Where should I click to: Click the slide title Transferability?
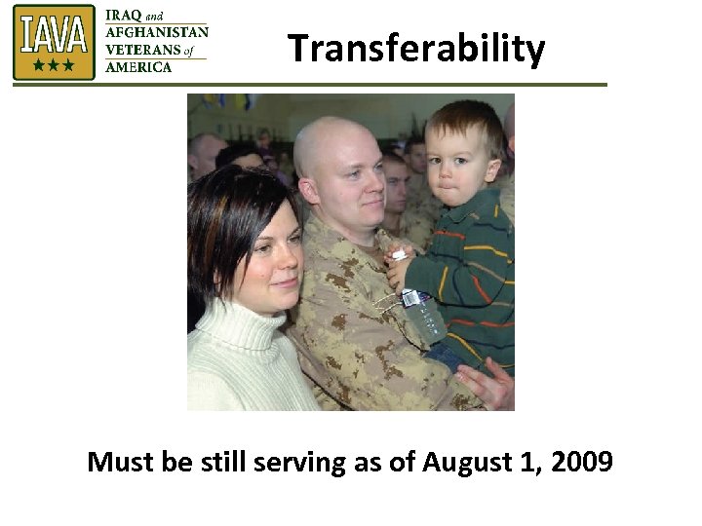(x=416, y=48)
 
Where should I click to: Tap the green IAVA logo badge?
(x=54, y=42)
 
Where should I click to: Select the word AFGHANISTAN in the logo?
(x=156, y=32)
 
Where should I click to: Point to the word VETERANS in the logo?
(x=143, y=50)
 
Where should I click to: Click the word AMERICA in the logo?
(x=138, y=67)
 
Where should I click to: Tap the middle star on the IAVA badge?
(x=53, y=66)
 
